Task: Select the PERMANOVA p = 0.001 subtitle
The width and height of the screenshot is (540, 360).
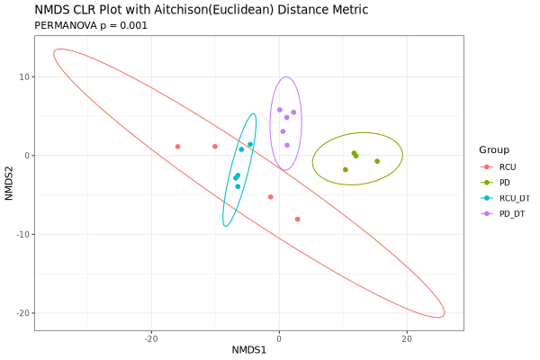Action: pyautogui.click(x=91, y=25)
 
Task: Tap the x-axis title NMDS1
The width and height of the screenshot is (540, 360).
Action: pyautogui.click(x=249, y=349)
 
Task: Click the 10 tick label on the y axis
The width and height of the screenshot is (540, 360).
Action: pyautogui.click(x=23, y=77)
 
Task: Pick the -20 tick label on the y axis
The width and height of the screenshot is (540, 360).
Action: pyautogui.click(x=22, y=313)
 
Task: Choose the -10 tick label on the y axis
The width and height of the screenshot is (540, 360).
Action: pyautogui.click(x=22, y=235)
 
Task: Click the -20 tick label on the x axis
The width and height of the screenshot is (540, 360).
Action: pyautogui.click(x=150, y=338)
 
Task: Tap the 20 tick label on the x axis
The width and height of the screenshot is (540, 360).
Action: pyautogui.click(x=407, y=338)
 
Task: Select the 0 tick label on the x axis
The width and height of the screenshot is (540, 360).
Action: pyautogui.click(x=279, y=338)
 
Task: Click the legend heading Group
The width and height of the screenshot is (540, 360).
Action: pyautogui.click(x=494, y=149)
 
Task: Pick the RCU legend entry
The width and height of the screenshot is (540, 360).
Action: pyautogui.click(x=508, y=167)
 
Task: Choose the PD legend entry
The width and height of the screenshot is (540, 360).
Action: pyautogui.click(x=505, y=183)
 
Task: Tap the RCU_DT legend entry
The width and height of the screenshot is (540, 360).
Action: pyautogui.click(x=514, y=198)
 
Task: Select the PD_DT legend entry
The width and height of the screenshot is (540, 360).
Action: pyautogui.click(x=511, y=213)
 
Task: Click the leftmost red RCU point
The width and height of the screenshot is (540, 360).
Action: pyautogui.click(x=178, y=147)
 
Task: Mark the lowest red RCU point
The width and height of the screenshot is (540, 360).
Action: pyautogui.click(x=298, y=219)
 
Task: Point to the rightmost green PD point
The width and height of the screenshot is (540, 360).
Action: pyautogui.click(x=377, y=161)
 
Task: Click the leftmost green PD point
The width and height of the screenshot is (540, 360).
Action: pyautogui.click(x=345, y=169)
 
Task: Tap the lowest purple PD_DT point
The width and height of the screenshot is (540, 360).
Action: pyautogui.click(x=287, y=145)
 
